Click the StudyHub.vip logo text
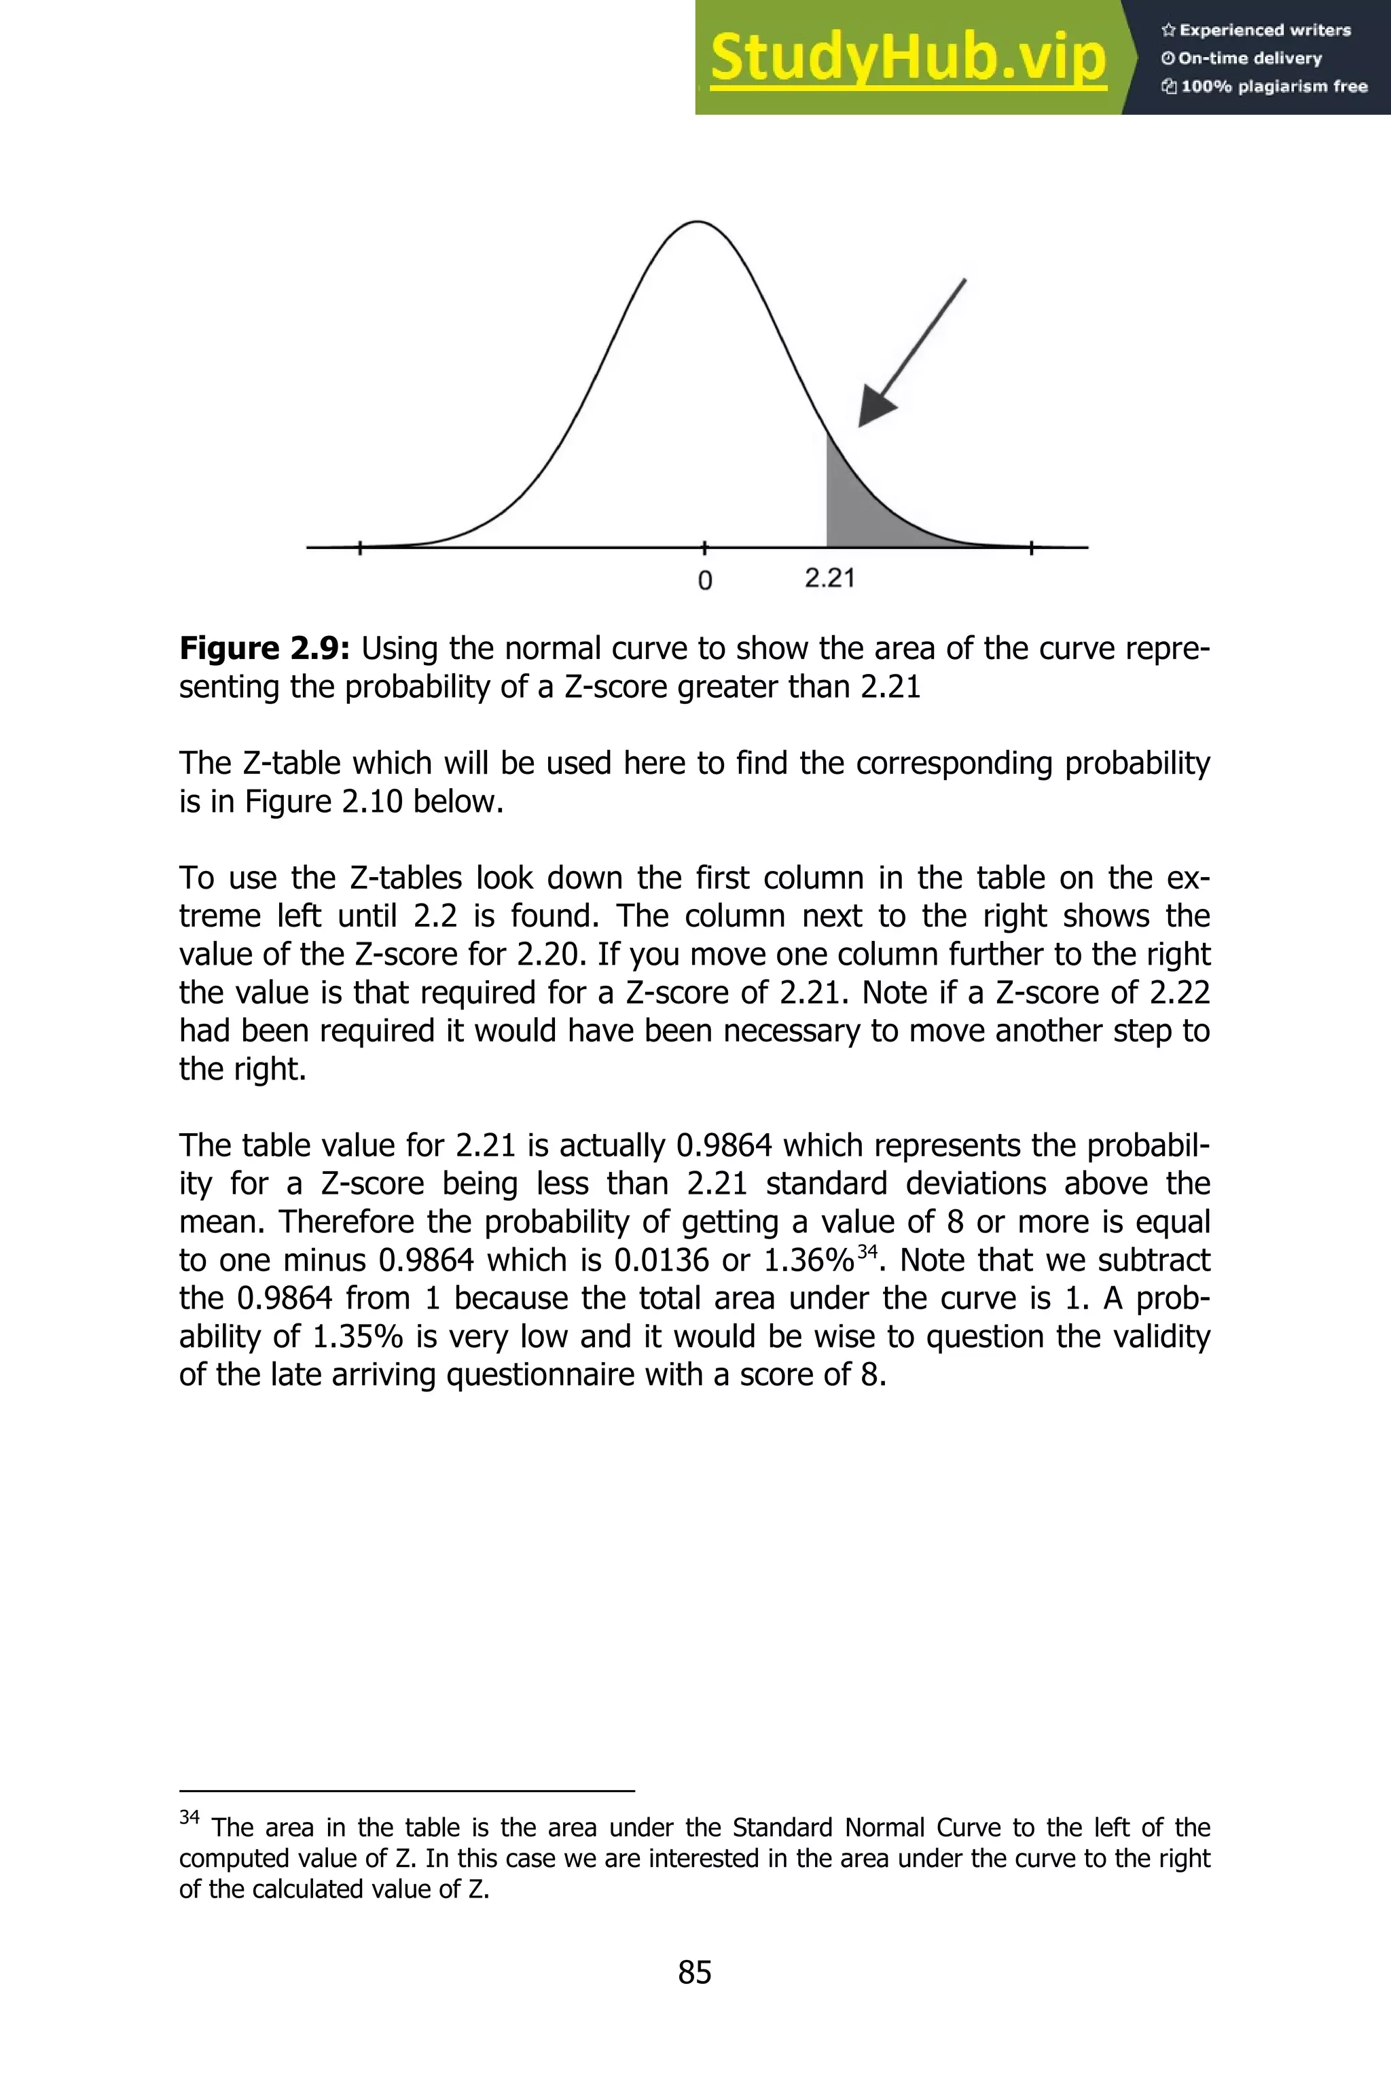907,58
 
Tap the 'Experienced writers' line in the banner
1256,30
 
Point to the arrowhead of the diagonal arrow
875,410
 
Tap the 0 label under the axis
705,581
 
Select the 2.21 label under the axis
829,578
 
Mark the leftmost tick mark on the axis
359,548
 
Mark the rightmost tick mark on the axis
1031,548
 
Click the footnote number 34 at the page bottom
189,1817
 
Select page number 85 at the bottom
695,1972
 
